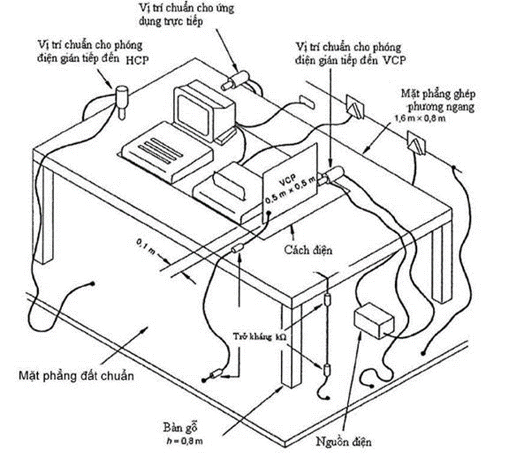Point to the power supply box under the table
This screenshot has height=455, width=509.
373,323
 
